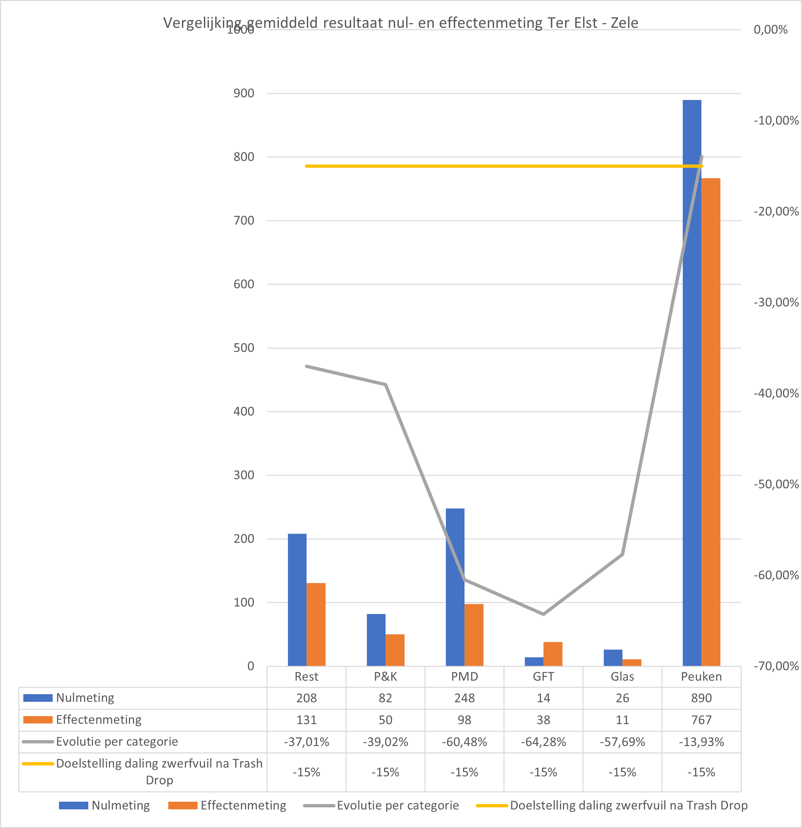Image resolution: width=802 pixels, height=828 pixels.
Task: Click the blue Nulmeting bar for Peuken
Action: click(x=692, y=380)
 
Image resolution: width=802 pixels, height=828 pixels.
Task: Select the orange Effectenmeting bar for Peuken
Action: click(x=711, y=422)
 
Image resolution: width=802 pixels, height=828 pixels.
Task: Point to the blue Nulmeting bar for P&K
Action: click(x=376, y=640)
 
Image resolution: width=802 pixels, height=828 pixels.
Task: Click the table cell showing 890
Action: click(x=701, y=698)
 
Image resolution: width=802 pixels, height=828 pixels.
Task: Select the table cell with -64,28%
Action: click(x=543, y=742)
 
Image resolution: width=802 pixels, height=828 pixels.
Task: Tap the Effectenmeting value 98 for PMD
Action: click(x=464, y=720)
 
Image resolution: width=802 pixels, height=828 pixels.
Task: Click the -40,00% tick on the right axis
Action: click(x=776, y=393)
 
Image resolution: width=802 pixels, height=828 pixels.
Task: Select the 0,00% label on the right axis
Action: click(x=770, y=30)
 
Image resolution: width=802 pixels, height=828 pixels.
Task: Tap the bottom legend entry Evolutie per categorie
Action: click(x=398, y=805)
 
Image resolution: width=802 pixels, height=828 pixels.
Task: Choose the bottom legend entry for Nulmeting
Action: click(x=121, y=805)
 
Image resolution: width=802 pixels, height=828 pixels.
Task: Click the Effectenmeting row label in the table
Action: click(x=99, y=719)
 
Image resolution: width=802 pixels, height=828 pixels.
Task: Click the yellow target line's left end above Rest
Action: click(x=307, y=166)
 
